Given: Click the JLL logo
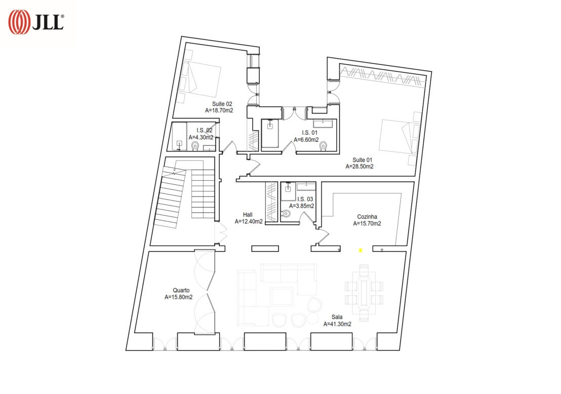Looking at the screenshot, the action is click(x=36, y=22).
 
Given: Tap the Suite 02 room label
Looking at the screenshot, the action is click(x=222, y=104).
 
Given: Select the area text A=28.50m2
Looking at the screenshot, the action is click(x=359, y=167).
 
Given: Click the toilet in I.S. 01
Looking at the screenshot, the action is click(x=323, y=146).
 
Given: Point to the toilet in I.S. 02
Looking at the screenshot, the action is click(x=195, y=146).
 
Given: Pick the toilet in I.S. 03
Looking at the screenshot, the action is click(x=286, y=214).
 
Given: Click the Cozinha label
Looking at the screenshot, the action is click(x=367, y=217).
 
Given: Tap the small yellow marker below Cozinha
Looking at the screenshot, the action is click(x=360, y=251).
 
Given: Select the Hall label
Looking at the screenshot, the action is click(x=248, y=215).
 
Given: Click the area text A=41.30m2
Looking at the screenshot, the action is click(x=337, y=324).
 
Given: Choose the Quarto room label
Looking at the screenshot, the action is click(x=181, y=290).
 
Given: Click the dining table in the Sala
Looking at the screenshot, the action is click(x=364, y=292).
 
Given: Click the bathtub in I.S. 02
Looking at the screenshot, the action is click(x=179, y=136).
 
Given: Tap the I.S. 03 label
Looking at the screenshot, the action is click(x=305, y=199).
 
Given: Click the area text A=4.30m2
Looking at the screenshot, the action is click(x=201, y=137).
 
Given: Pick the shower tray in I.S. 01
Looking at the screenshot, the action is click(x=270, y=133).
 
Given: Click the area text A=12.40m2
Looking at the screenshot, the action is click(x=249, y=221).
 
